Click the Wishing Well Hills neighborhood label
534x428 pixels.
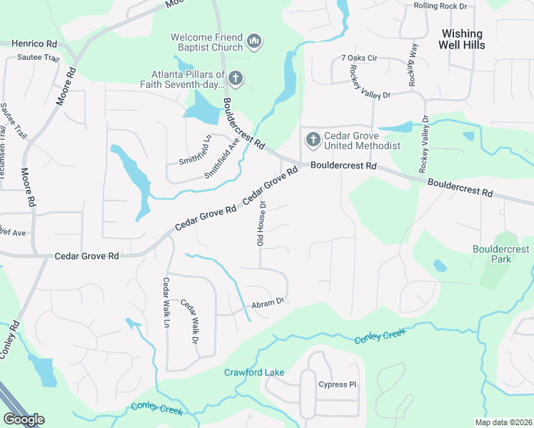pyautogui.click(x=463, y=39)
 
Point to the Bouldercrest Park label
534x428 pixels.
pyautogui.click(x=501, y=254)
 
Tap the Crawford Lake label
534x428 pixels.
pyautogui.click(x=254, y=372)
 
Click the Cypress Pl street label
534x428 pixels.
pyautogui.click(x=337, y=384)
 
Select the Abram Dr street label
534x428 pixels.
pyautogui.click(x=268, y=305)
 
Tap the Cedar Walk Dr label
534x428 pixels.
pyautogui.click(x=189, y=322)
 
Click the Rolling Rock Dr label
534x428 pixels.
pyautogui.click(x=440, y=6)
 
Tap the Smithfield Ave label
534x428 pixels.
pyautogui.click(x=222, y=158)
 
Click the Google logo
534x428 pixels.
pyautogui.click(x=24, y=419)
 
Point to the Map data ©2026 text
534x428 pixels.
pyautogui.click(x=502, y=422)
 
